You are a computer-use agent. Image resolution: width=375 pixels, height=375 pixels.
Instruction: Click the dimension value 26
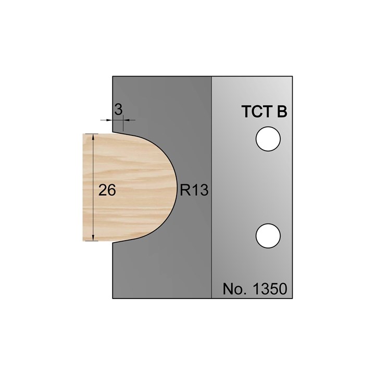(107, 190)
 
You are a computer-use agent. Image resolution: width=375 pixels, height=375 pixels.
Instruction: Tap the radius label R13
(194, 191)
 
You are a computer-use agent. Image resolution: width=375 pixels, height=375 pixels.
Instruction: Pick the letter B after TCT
(282, 113)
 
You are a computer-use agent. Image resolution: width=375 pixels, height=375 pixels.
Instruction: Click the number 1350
(269, 289)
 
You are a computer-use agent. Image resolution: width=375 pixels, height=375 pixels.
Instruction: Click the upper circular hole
(268, 140)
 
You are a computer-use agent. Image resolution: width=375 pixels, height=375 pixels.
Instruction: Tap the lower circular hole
(268, 235)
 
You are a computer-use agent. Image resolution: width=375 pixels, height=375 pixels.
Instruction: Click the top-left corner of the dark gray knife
(113, 77)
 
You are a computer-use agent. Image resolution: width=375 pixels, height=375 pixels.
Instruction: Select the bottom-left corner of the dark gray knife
(113, 298)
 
